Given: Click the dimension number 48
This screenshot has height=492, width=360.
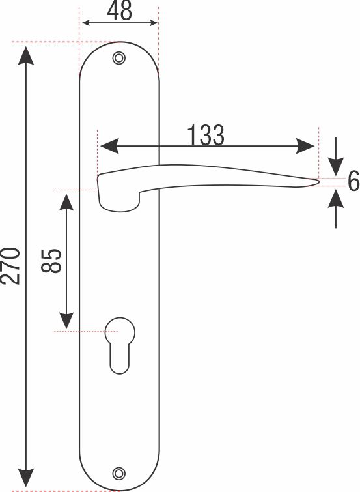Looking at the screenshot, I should (x=118, y=11).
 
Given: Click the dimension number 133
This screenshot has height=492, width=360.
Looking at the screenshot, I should (x=206, y=136).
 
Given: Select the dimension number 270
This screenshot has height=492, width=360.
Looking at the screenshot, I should (x=11, y=265).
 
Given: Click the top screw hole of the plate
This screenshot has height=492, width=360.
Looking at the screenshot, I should (x=118, y=58).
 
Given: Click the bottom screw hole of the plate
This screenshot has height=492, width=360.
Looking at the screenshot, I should (x=118, y=472).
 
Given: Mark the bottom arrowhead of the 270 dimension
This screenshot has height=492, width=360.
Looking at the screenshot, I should (x=26, y=478).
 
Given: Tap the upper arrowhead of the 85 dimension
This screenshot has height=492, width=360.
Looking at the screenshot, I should (x=66, y=201).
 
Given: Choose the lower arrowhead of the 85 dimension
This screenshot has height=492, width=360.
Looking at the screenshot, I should (x=66, y=320).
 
